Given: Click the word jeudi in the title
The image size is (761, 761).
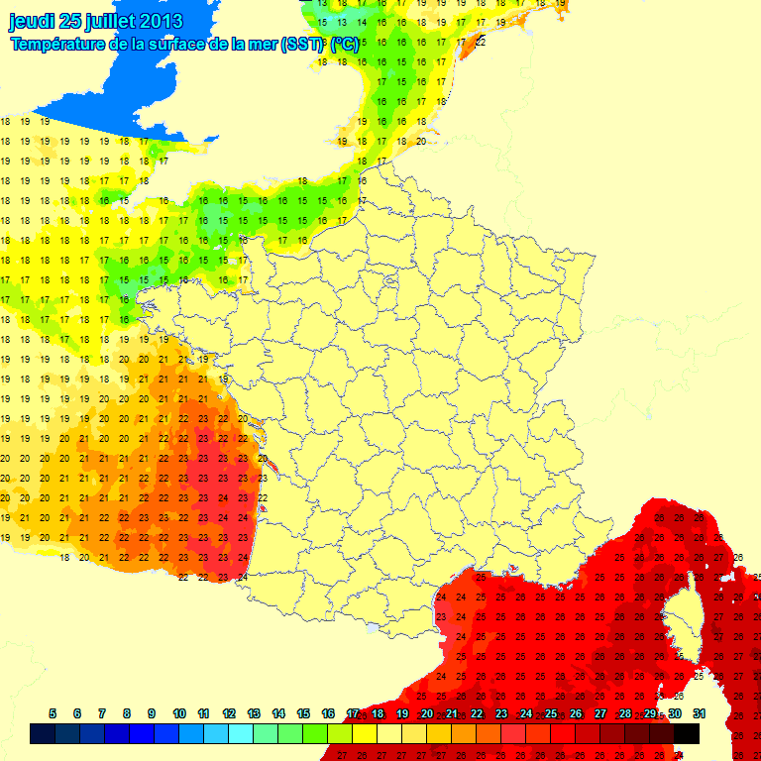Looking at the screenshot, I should point(31,21).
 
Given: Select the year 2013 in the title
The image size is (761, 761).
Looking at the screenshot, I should point(161,21).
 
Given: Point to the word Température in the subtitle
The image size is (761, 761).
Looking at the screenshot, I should point(59,44).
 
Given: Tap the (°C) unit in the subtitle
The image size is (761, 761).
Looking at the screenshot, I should point(345,44).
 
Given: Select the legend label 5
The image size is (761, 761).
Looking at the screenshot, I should point(53,713).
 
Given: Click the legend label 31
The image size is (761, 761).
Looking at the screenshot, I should point(699,713).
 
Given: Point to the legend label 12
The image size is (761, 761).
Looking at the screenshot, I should point(229,713).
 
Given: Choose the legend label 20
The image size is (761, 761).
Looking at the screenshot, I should point(427,713).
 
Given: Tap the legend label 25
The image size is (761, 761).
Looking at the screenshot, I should point(551,713).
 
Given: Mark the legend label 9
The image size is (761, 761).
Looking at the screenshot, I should point(152,713).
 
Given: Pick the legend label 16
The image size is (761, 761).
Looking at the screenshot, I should point(328,713).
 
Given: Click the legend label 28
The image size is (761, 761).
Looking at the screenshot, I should point(625,713).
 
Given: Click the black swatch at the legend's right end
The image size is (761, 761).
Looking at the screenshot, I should point(687,733).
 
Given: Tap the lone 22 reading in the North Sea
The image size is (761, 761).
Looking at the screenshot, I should point(481,41).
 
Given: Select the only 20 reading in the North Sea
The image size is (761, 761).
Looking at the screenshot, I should point(421,141).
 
